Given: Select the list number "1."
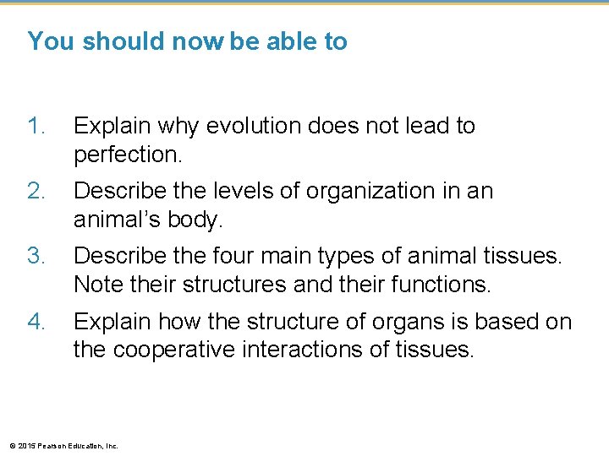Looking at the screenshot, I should click(x=38, y=126).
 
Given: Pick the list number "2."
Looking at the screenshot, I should click(x=38, y=191).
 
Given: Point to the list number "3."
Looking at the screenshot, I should click(x=38, y=255).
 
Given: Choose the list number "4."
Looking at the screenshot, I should click(x=38, y=321).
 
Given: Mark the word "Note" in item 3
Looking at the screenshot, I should click(x=97, y=285).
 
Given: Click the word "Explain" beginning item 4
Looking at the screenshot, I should click(x=109, y=321).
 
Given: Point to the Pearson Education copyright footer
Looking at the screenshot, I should click(x=63, y=445).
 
